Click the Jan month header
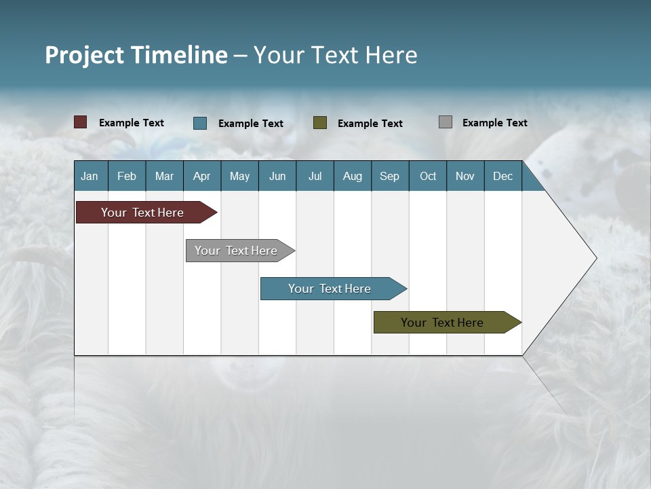point(90,176)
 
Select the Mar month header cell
point(164,176)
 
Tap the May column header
point(239,176)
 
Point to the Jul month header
point(315,176)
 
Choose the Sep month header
point(389,176)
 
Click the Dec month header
point(502,176)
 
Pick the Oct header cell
point(427,176)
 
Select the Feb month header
point(127,176)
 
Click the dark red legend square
point(81,122)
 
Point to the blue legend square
point(200,123)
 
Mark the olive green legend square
point(320,122)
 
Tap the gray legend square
point(446,122)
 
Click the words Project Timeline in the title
point(136,55)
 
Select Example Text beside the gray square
point(494,123)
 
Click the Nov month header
point(465,176)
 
